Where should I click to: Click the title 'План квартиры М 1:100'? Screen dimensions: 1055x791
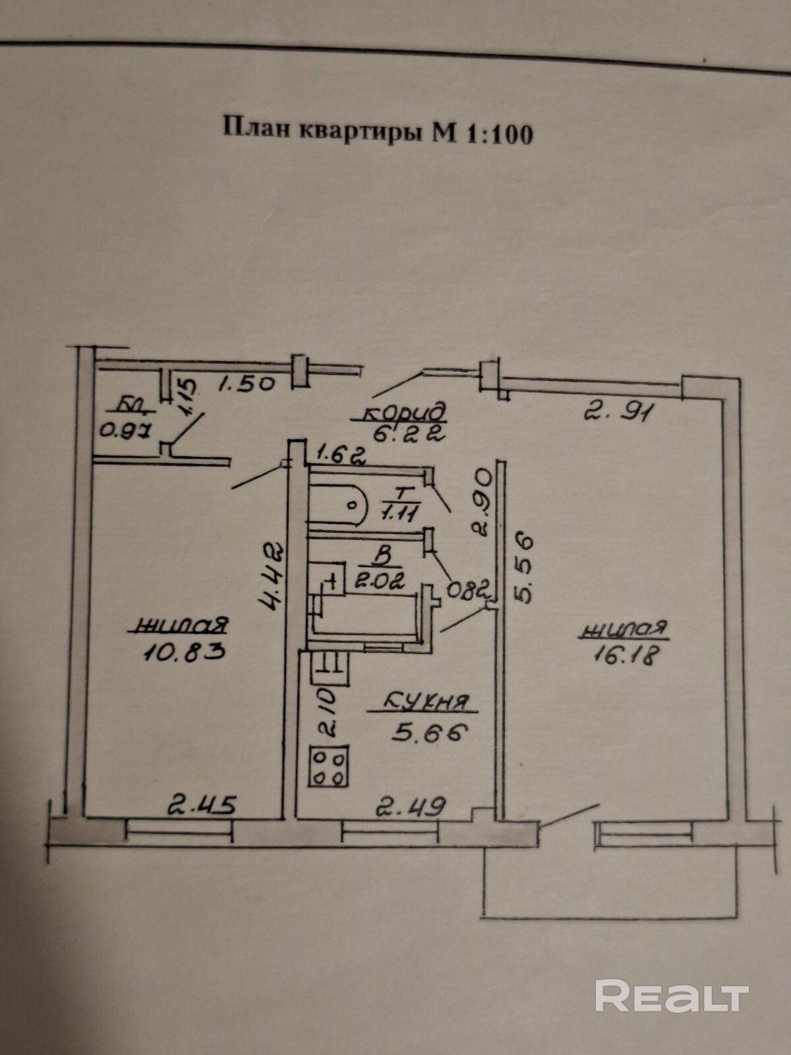[378, 131]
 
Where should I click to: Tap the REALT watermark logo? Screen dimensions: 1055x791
[672, 996]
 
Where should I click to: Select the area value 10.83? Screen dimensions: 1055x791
[184, 651]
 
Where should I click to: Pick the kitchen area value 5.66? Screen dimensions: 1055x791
[429, 732]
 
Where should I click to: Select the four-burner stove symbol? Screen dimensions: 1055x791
[328, 766]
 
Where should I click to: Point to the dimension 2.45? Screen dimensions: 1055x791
[201, 804]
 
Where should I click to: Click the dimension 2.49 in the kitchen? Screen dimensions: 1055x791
[410, 806]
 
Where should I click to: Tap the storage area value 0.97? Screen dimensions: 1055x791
[126, 431]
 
